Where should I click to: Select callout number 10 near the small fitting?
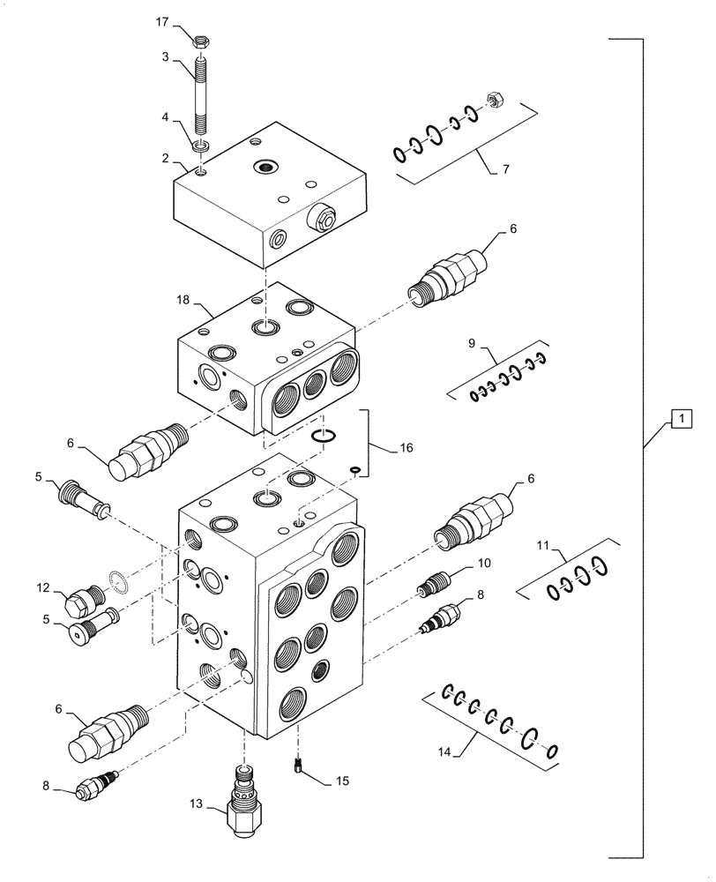pyautogui.click(x=484, y=563)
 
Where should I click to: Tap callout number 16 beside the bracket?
pyautogui.click(x=406, y=448)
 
